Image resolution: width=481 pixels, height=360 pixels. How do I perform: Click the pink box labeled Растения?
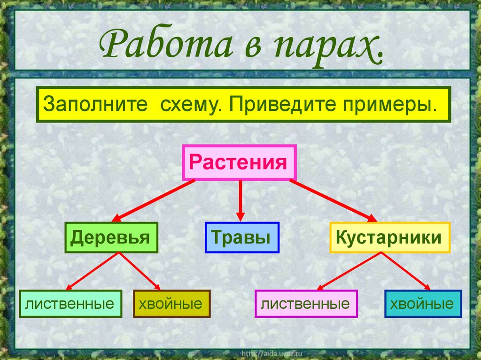pos(239,163)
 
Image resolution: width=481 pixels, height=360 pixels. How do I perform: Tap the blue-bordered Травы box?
pos(242,237)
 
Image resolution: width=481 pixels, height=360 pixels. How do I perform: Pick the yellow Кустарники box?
pos(390,237)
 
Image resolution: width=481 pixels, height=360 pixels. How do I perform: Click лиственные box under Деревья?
pos(71,304)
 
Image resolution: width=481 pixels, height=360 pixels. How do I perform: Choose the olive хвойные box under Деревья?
pos(171,304)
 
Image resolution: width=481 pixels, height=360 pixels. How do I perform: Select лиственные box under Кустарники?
pos(306,304)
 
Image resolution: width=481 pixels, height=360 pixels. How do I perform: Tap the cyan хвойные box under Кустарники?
pos(423,304)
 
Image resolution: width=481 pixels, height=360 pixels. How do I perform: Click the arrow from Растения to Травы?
pos(240,199)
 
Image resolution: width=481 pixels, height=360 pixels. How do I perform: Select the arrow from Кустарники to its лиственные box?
pos(350,271)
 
